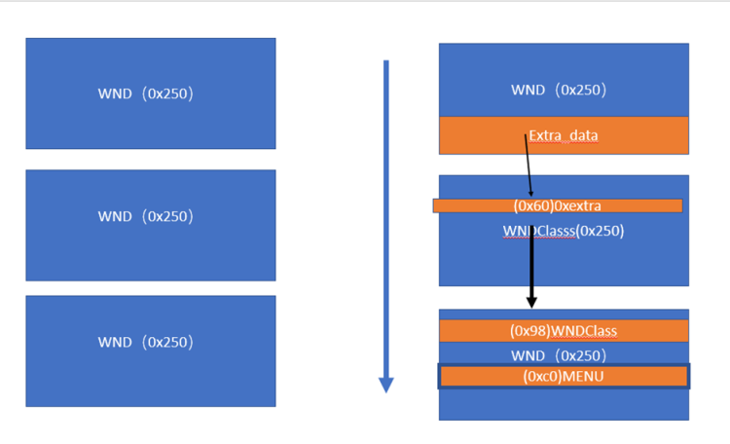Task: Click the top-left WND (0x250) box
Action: click(x=150, y=93)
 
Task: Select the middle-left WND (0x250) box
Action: click(x=150, y=225)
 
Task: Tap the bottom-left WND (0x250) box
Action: click(x=150, y=351)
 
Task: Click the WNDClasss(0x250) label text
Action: click(x=563, y=231)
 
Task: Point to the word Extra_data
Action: click(x=564, y=135)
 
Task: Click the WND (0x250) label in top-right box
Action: click(x=559, y=90)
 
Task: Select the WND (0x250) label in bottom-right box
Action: click(x=559, y=354)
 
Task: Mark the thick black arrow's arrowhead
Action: click(x=531, y=301)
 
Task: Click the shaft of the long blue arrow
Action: click(x=386, y=214)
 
